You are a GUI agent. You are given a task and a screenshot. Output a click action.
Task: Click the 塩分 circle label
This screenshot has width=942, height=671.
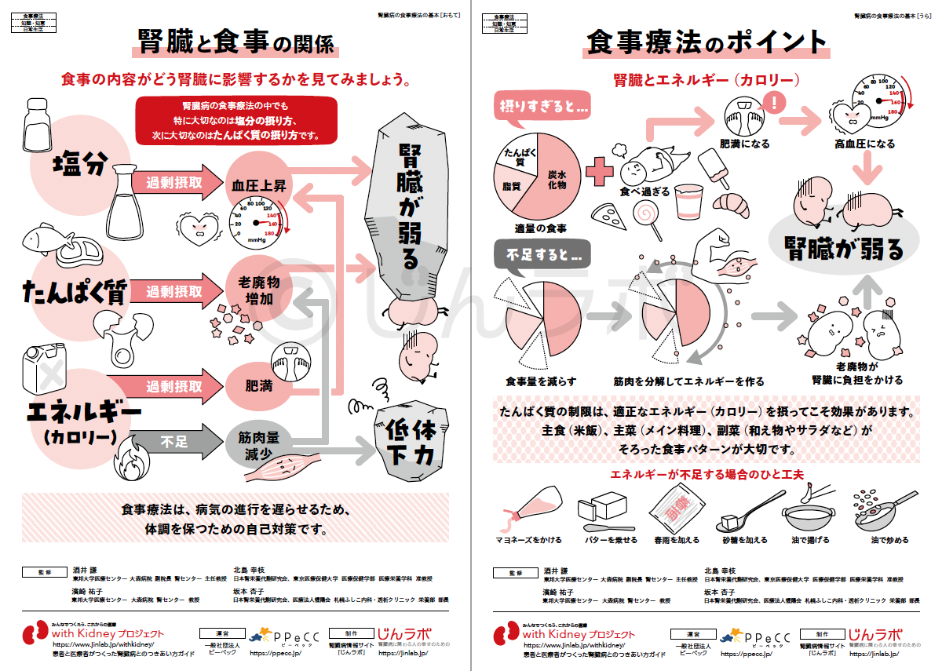tap(79, 164)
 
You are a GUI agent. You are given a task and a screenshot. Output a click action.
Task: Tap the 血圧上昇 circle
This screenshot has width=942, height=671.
tap(258, 185)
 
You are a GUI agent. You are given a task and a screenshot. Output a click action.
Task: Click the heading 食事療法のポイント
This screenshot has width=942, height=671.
tap(706, 42)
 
